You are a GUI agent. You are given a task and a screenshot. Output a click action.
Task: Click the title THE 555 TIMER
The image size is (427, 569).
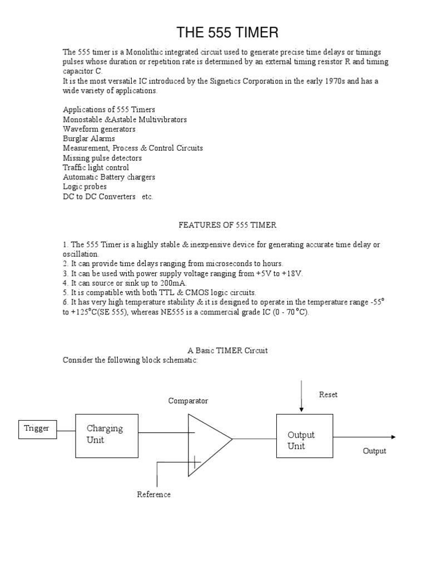(227, 33)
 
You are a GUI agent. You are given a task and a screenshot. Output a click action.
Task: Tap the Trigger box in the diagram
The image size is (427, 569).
(37, 428)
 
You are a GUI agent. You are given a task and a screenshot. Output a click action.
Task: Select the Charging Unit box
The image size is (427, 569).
(107, 436)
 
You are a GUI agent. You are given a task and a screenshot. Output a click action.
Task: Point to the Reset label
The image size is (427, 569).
(328, 395)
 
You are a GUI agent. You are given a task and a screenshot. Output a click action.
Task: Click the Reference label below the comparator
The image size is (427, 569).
(154, 495)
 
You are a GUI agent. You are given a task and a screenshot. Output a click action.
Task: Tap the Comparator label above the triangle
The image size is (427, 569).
(188, 401)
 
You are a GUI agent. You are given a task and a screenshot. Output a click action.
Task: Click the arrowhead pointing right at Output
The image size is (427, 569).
(393, 437)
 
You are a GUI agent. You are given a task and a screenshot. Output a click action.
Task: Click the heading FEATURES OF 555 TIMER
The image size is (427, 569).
(227, 225)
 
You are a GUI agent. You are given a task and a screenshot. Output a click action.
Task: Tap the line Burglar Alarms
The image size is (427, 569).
(89, 138)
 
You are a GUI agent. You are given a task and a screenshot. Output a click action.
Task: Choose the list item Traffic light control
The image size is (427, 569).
(96, 167)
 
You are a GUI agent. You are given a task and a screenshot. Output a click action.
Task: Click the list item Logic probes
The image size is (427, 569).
(85, 187)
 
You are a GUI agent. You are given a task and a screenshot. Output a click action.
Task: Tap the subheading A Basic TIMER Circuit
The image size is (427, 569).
(227, 351)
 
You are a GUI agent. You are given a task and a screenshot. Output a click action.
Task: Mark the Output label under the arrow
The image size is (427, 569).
(374, 451)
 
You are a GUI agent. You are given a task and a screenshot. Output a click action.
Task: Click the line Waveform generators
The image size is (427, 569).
(99, 129)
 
